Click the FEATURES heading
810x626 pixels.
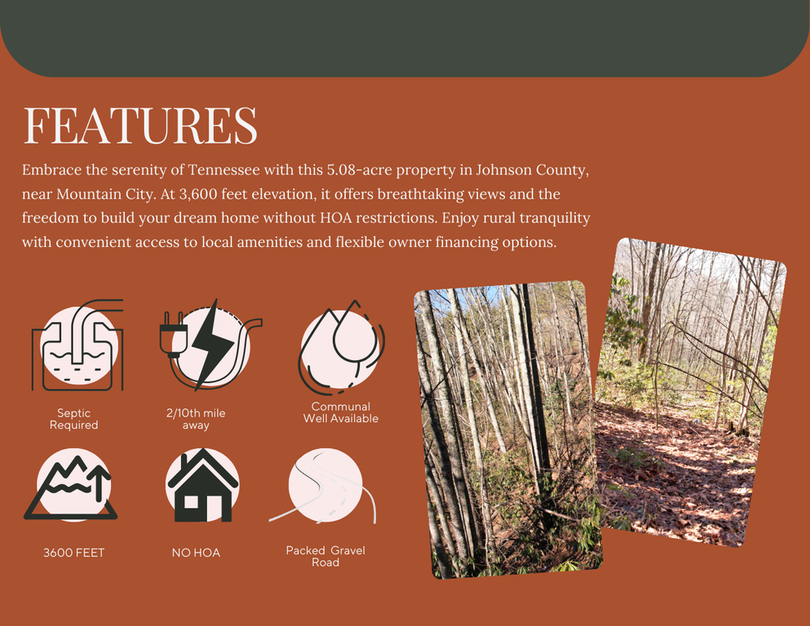pos(140,125)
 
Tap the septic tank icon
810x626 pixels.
pos(77,345)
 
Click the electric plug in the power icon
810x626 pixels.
pos(171,335)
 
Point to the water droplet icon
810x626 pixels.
pos(341,344)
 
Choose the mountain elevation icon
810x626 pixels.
pos(71,485)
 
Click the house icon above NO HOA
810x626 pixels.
pos(202,485)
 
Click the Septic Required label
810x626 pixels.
pos(74,419)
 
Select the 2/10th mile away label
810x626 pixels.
pos(196,419)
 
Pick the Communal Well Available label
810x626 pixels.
pos(341,412)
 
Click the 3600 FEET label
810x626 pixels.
pos(74,553)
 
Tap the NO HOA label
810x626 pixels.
pos(196,553)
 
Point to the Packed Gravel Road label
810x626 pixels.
pos(325,557)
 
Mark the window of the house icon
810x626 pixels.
pos(191,502)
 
